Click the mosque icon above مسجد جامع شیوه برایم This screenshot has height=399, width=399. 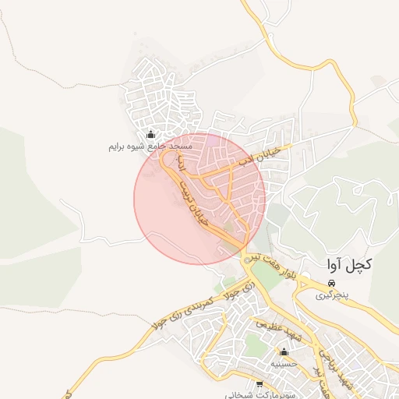point(150,134)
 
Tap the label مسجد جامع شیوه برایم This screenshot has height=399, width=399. point(150,147)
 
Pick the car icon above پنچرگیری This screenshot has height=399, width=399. point(332,283)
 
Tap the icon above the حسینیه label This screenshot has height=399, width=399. point(284,351)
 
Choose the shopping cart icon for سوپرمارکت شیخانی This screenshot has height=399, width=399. point(259,384)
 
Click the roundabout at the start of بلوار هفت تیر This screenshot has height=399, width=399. point(248,258)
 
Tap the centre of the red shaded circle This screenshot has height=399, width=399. point(199,199)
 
